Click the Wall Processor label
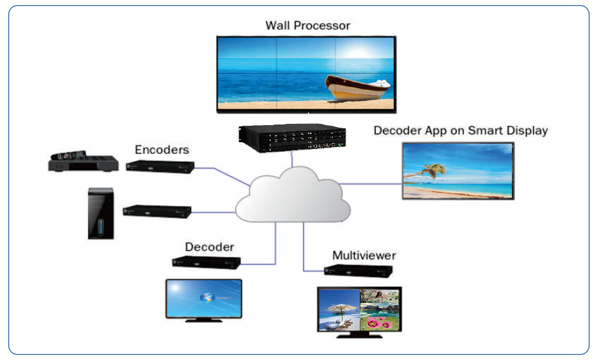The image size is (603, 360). [307, 26]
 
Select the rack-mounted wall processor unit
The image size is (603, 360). [291, 137]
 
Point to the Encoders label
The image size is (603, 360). [162, 150]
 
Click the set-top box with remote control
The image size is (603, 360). [83, 162]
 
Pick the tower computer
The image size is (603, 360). [101, 213]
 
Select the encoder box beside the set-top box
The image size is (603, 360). [160, 166]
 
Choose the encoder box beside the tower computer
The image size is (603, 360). [157, 210]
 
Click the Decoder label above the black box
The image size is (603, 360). [210, 246]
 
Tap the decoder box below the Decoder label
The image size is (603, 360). [206, 262]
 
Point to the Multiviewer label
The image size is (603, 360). [364, 255]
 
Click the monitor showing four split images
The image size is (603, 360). [359, 309]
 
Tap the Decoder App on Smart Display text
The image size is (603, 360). [461, 130]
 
